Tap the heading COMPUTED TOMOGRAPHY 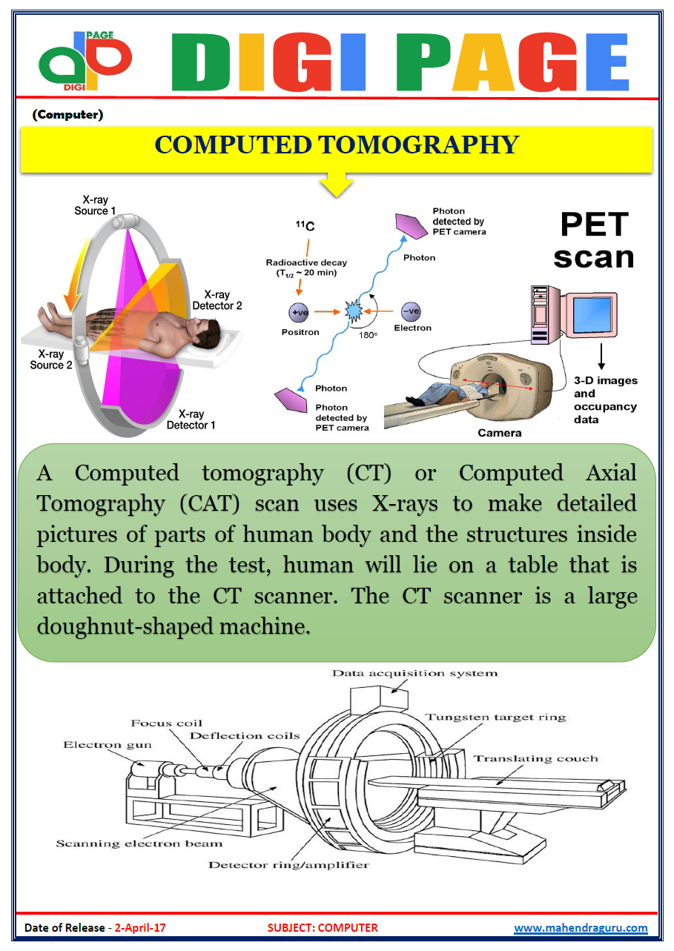[x=336, y=145]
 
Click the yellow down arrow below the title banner [x=337, y=185]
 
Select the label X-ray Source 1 [x=95, y=205]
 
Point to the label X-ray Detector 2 [x=217, y=300]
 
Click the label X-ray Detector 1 [x=191, y=420]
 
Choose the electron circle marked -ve [x=412, y=311]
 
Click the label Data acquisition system [x=414, y=673]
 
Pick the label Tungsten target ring [x=495, y=717]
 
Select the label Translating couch [x=535, y=758]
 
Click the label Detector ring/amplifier [x=288, y=864]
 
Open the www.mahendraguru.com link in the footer [x=581, y=927]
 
